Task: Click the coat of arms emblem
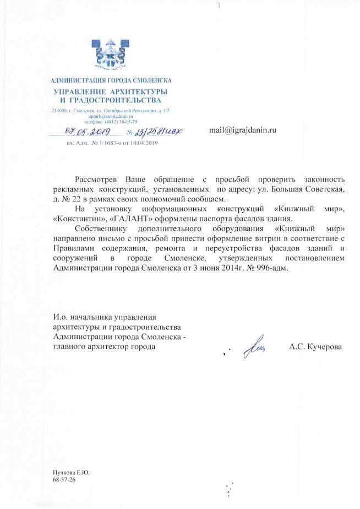click(x=110, y=56)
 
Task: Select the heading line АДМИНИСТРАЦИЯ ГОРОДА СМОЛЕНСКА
click(x=111, y=81)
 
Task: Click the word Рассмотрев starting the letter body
click(x=97, y=180)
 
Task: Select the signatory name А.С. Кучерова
click(x=315, y=347)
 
